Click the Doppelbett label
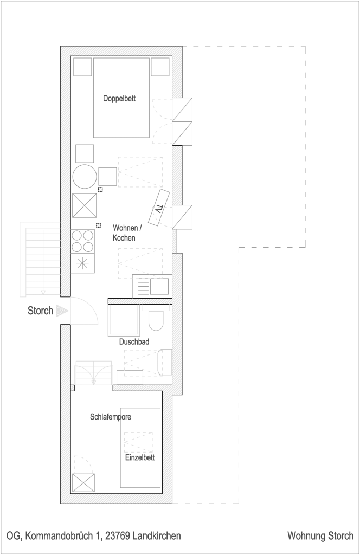click(x=119, y=99)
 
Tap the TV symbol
click(x=159, y=208)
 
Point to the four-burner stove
click(x=83, y=241)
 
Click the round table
click(x=85, y=177)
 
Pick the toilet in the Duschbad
click(x=156, y=319)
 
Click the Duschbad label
click(x=134, y=341)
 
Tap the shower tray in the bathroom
click(x=123, y=320)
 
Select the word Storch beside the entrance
click(x=40, y=311)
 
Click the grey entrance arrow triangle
click(x=62, y=311)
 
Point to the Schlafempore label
click(x=111, y=417)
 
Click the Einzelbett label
click(x=140, y=457)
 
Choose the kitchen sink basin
click(x=159, y=286)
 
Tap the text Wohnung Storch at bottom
click(x=320, y=535)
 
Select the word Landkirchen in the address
click(x=157, y=536)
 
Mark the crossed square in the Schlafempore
click(x=83, y=482)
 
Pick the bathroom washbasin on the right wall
click(x=165, y=362)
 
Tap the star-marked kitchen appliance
click(x=83, y=264)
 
